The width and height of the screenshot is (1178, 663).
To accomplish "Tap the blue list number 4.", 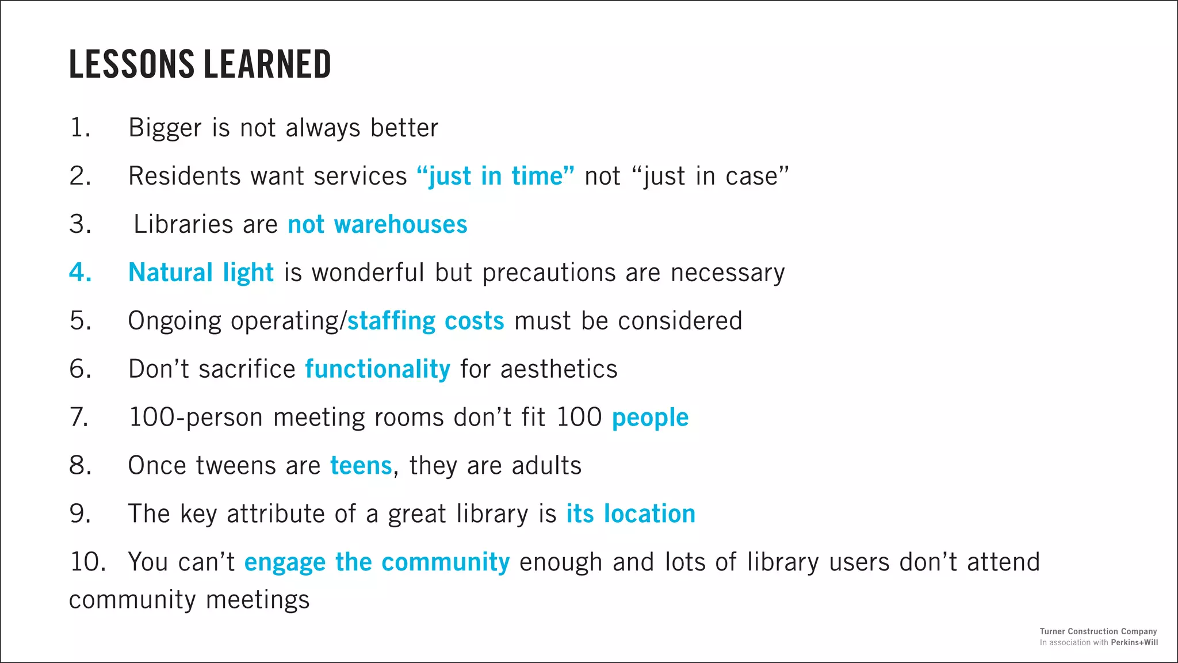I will pos(81,272).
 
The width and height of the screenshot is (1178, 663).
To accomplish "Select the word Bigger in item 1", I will pos(165,128).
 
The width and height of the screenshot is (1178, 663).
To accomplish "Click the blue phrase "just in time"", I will pos(495,176).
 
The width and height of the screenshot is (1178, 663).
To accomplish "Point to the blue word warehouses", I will pos(400,224).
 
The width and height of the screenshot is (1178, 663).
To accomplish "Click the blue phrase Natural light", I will pos(201,273).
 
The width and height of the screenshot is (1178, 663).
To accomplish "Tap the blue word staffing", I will pos(391,321).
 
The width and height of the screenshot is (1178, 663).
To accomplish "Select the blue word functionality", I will pos(377,369).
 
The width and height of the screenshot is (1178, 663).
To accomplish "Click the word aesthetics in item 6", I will pos(559,369).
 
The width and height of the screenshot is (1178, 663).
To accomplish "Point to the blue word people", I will pos(650,417).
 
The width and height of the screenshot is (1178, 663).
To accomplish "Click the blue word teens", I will pos(361,466).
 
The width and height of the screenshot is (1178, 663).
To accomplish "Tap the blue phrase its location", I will pos(630,514).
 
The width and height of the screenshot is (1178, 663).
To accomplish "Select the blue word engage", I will pos(285,562).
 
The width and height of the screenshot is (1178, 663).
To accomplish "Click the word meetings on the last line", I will pos(258,600).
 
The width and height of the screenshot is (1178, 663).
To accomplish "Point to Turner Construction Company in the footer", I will pos(1098,631).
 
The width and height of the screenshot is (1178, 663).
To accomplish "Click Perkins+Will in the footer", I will pos(1134,642).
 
